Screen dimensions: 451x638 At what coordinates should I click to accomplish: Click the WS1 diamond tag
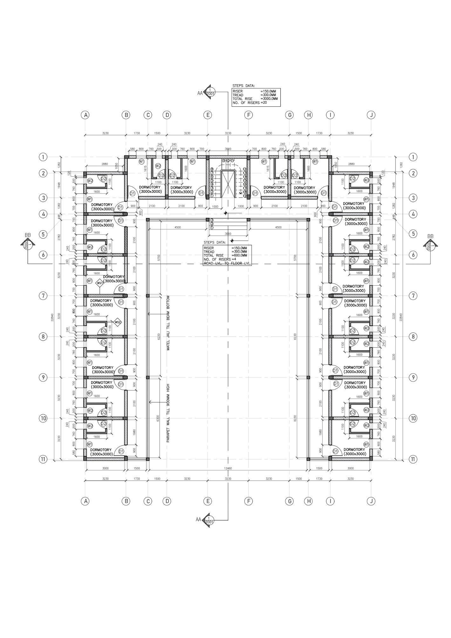click(100, 283)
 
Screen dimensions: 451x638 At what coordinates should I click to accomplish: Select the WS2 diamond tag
click(118, 322)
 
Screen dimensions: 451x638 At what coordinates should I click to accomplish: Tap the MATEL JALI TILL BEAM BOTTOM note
click(168, 323)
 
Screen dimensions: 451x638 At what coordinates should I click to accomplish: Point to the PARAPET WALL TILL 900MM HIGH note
click(168, 413)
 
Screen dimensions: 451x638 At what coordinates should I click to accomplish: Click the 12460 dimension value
click(228, 468)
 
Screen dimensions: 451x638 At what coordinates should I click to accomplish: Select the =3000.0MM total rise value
click(269, 99)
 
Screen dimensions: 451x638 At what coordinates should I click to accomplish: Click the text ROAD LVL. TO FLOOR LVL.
click(227, 263)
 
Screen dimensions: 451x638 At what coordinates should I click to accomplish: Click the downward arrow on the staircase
click(241, 191)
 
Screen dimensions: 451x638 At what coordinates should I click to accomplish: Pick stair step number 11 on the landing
click(232, 161)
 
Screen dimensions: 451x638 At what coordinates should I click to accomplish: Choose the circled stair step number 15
click(245, 181)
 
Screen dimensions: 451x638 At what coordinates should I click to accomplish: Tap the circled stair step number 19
click(245, 196)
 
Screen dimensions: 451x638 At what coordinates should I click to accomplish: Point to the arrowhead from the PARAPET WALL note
click(150, 402)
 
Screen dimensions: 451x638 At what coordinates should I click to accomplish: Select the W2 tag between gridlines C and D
click(158, 166)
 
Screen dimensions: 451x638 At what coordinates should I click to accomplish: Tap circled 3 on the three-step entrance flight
click(212, 220)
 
